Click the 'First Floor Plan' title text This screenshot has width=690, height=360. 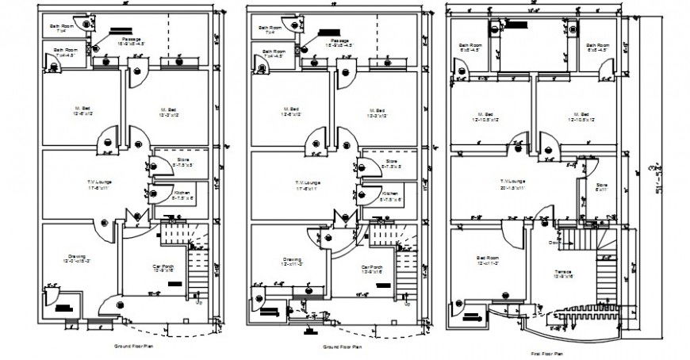point(547,353)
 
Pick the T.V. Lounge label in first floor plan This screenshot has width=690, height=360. point(514,183)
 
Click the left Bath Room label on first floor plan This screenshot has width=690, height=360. point(464,46)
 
